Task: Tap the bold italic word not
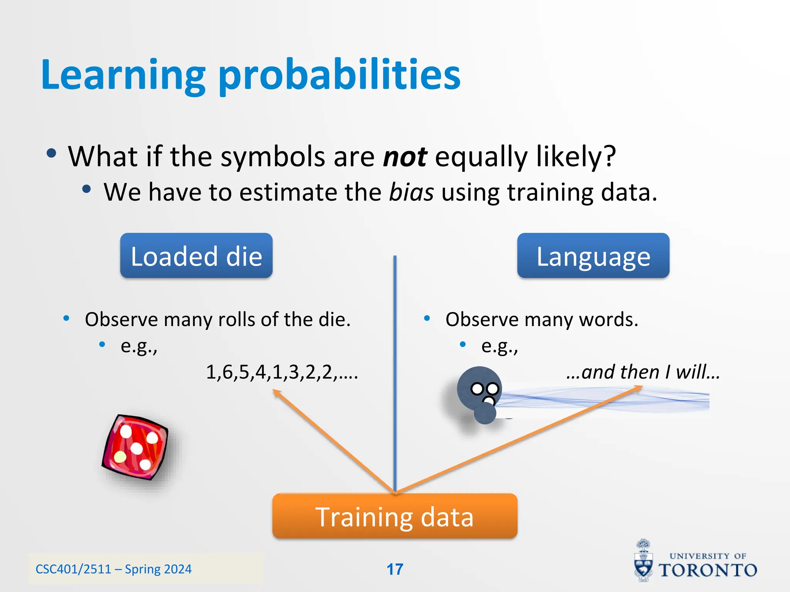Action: [x=405, y=157]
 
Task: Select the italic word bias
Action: [x=411, y=192]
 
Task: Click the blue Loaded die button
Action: [x=196, y=256]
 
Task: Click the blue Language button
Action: [x=593, y=256]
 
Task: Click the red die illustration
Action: [x=135, y=447]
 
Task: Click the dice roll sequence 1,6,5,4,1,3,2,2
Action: [x=282, y=372]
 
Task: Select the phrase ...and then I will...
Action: [x=643, y=372]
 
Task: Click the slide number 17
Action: [x=395, y=569]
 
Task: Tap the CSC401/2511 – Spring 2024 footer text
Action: [x=113, y=569]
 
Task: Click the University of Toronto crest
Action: [x=643, y=561]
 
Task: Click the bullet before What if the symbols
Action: [x=51, y=153]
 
